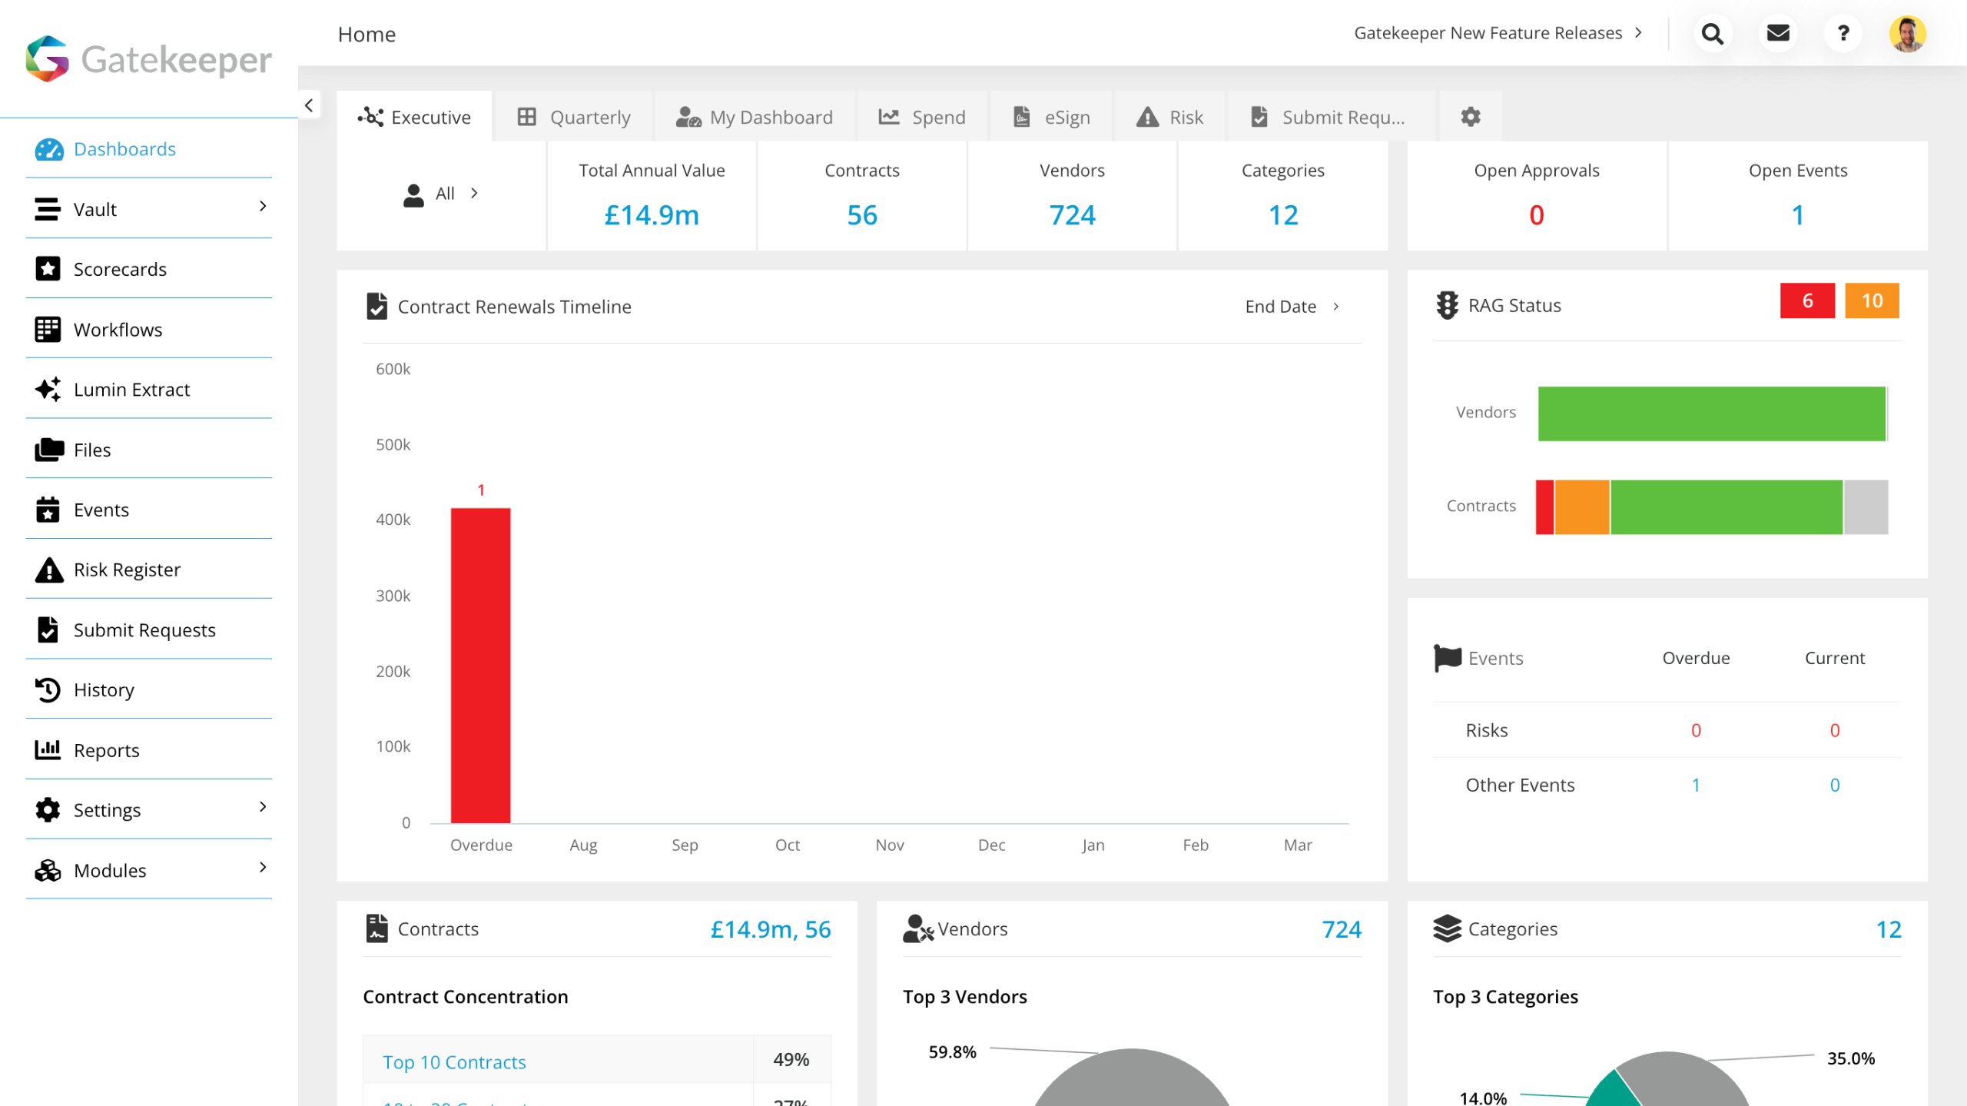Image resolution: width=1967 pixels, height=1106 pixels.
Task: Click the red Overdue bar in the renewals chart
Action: click(480, 665)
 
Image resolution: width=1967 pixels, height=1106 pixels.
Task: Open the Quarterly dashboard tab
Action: click(574, 117)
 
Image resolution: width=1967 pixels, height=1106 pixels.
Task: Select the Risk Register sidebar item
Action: click(127, 570)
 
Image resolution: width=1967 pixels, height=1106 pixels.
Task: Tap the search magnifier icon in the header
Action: click(1713, 34)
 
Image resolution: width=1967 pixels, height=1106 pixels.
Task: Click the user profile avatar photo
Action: click(1907, 34)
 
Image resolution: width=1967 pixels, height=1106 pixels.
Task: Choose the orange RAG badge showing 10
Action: click(1871, 301)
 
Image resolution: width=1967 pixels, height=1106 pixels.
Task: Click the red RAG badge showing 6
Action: click(1807, 301)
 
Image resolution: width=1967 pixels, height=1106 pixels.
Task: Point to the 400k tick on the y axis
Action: click(393, 520)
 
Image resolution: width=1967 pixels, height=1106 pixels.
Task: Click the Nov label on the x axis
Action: click(889, 845)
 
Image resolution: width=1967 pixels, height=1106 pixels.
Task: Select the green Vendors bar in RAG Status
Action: click(1711, 414)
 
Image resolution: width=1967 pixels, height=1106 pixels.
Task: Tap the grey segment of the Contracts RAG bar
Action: click(1866, 507)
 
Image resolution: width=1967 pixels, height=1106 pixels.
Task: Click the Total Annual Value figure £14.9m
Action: click(652, 215)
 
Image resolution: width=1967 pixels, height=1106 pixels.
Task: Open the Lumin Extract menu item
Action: click(131, 390)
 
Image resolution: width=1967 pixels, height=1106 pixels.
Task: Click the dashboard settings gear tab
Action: click(1470, 117)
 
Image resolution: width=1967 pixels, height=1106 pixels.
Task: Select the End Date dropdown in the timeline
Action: click(1292, 307)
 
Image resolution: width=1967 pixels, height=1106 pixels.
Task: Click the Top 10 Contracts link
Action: click(454, 1061)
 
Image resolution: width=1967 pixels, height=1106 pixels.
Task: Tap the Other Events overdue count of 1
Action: click(1696, 785)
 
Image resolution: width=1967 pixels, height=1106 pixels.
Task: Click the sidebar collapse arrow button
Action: click(309, 105)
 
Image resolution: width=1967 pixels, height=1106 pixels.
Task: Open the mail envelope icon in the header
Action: click(1778, 34)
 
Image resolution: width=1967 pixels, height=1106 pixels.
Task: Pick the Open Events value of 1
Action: click(1797, 215)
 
